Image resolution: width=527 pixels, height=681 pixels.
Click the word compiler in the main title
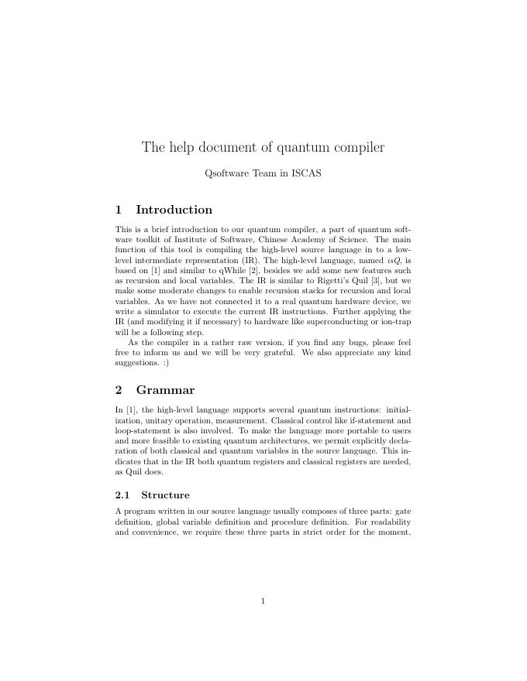click(358, 147)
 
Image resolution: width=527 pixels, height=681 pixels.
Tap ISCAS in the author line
click(306, 173)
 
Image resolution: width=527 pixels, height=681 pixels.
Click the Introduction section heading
click(174, 210)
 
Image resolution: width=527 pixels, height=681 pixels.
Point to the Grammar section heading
click(165, 390)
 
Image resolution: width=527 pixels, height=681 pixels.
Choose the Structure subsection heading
click(165, 495)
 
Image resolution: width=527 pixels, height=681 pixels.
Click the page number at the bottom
click(263, 600)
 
